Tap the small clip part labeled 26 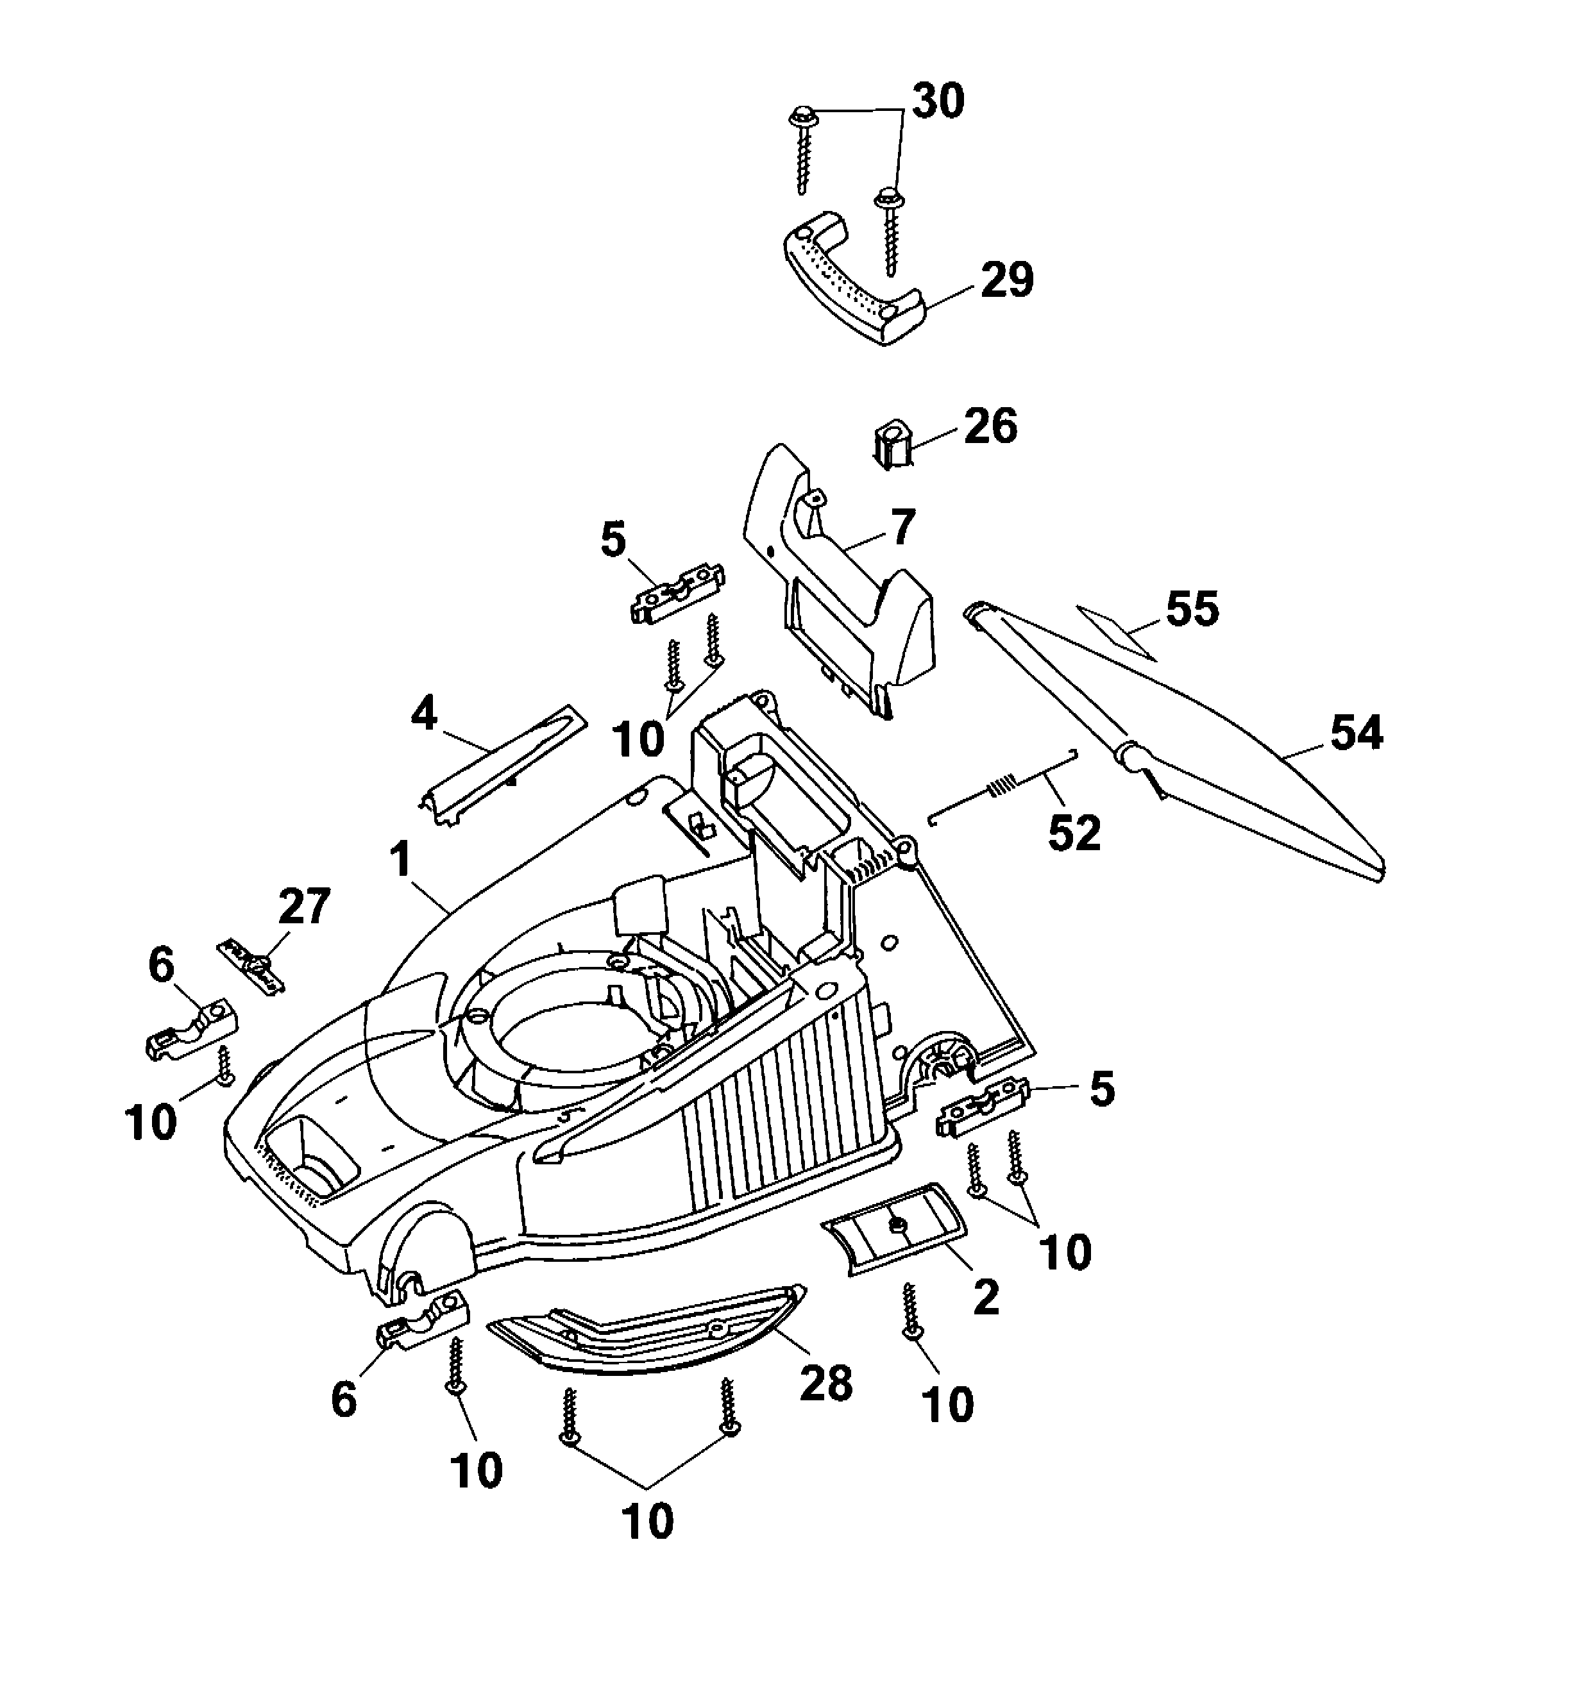click(x=891, y=443)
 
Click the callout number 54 click(x=1355, y=734)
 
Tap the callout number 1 click(x=400, y=859)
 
